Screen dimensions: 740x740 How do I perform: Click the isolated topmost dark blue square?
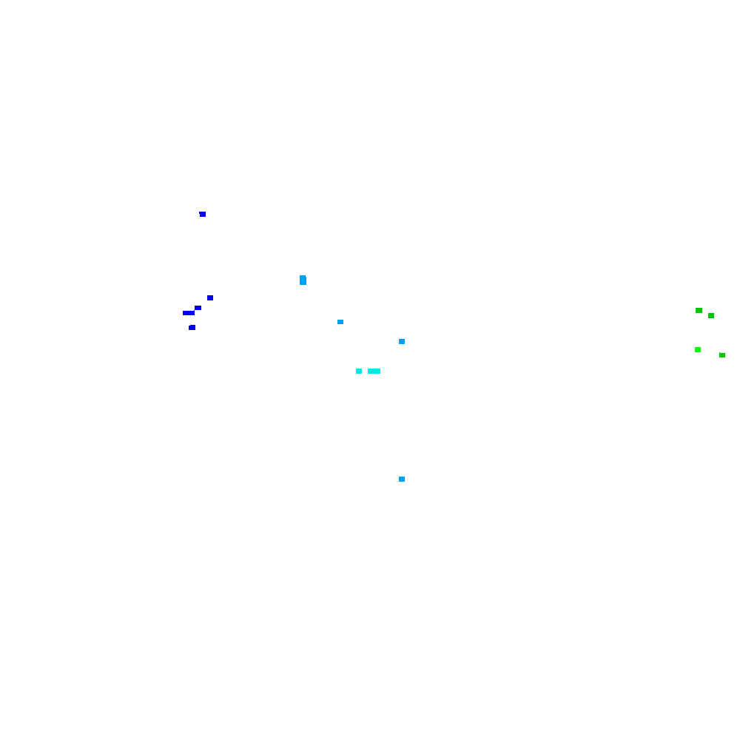(x=202, y=214)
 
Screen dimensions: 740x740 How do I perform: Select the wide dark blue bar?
(x=189, y=312)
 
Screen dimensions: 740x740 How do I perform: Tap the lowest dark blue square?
(x=192, y=327)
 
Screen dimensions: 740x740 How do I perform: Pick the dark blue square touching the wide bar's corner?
(x=198, y=308)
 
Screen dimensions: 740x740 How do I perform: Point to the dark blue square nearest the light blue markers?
(x=210, y=297)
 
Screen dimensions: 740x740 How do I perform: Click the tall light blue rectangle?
(x=303, y=280)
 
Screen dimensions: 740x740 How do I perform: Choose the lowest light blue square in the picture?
(x=402, y=479)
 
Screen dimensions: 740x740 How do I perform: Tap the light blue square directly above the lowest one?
(x=402, y=341)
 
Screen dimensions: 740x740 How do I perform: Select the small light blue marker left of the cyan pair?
(x=340, y=322)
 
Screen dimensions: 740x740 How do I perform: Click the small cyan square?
(x=359, y=371)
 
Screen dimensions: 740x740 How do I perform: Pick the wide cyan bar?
(x=374, y=371)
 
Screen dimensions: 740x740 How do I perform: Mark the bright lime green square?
(x=698, y=349)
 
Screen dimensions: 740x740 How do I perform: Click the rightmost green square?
(x=722, y=354)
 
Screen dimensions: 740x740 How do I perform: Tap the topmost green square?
(x=699, y=310)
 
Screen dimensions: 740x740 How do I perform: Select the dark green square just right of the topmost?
(x=711, y=315)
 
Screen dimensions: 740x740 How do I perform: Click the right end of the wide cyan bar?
(x=379, y=371)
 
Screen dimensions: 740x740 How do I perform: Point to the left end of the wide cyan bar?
(x=369, y=371)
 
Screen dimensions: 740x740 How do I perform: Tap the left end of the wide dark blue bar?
(x=184, y=312)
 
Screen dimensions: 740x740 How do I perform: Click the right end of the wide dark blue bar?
(x=194, y=312)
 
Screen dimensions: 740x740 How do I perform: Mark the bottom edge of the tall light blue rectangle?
(x=303, y=284)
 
